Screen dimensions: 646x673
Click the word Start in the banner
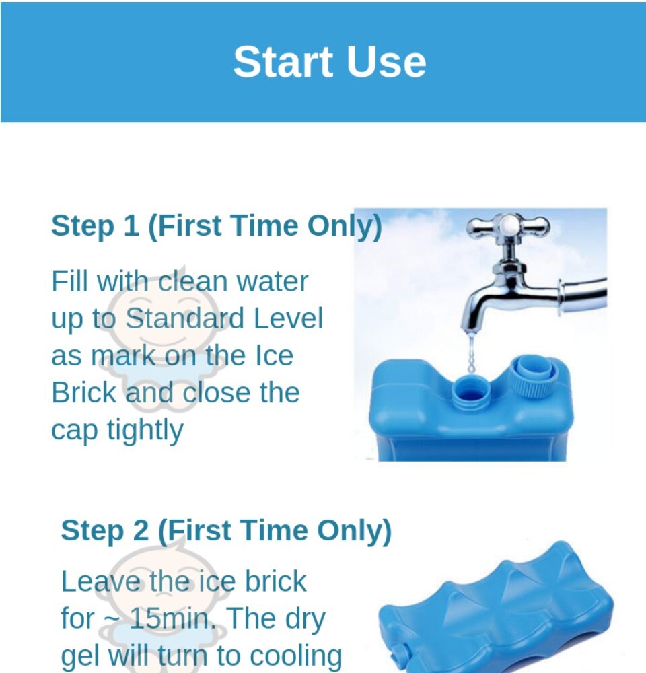click(283, 62)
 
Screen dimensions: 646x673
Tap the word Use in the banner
click(386, 62)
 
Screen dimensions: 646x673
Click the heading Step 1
click(216, 225)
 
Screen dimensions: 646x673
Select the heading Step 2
click(226, 531)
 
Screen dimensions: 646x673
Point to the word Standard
click(184, 318)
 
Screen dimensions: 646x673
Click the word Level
click(288, 318)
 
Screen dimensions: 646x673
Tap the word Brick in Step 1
click(83, 392)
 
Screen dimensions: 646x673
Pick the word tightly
click(145, 431)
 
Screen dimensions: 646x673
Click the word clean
click(192, 281)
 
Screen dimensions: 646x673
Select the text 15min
click(172, 618)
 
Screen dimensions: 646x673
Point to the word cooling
click(295, 656)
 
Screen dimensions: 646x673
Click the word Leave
click(100, 581)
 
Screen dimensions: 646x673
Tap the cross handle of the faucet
click(508, 225)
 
